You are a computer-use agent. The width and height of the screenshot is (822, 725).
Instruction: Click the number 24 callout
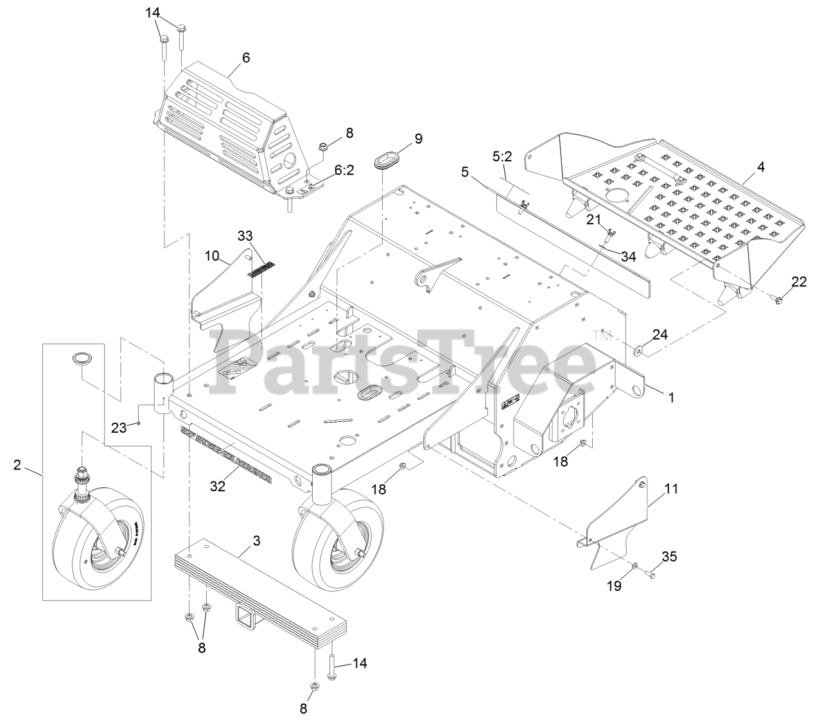(x=660, y=335)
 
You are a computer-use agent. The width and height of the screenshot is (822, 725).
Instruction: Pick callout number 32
(x=218, y=486)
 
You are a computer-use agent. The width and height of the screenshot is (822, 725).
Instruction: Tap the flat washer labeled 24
(x=640, y=351)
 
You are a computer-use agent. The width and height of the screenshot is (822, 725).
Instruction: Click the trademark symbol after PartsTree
(x=604, y=333)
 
